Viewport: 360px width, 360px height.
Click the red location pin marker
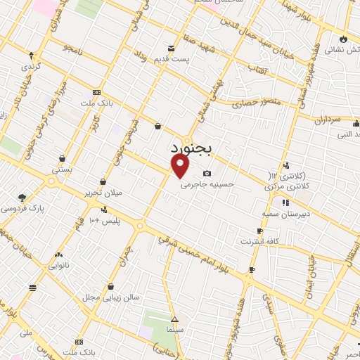coord(180,166)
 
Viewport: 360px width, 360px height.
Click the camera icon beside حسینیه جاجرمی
coord(207,174)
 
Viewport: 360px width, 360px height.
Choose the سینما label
coord(174,329)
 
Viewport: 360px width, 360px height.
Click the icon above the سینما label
coord(174,319)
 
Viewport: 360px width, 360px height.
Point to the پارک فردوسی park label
coord(22,209)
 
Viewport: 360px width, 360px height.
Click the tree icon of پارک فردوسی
coord(22,198)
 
